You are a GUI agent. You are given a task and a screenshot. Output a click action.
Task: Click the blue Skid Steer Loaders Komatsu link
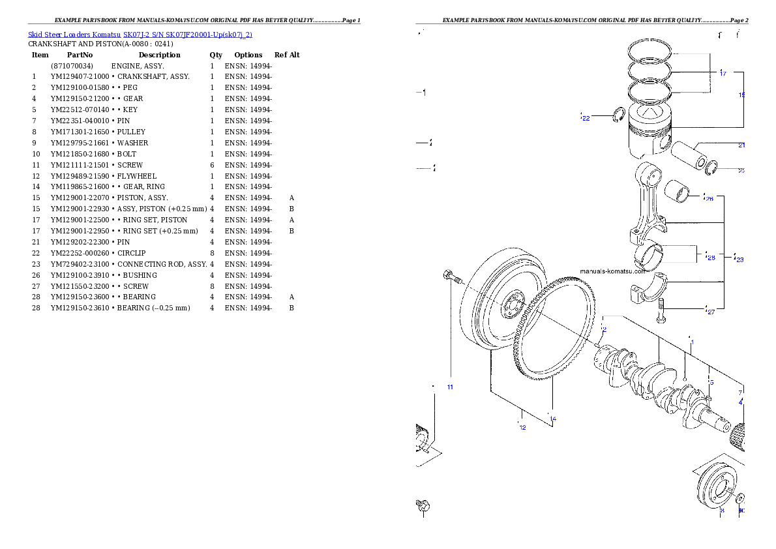[x=140, y=34]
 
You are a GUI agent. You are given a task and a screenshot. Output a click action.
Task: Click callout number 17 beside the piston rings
[x=723, y=74]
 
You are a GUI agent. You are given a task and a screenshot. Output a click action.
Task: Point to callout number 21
[x=741, y=145]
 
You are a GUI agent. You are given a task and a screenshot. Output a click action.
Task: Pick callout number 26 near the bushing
[x=709, y=198]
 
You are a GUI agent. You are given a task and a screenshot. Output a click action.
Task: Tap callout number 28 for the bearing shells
[x=711, y=258]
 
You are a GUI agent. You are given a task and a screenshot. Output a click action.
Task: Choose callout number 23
[x=739, y=260]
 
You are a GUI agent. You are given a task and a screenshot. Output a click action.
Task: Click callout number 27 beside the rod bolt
[x=711, y=312]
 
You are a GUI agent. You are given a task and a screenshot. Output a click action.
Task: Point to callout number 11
[x=450, y=387]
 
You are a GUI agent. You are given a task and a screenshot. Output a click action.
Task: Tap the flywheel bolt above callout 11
[x=449, y=276]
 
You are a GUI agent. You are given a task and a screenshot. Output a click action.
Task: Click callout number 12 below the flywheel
[x=522, y=428]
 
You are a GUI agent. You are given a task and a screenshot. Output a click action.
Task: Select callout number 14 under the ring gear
[x=553, y=419]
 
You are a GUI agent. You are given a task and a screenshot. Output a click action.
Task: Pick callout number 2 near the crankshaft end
[x=604, y=331]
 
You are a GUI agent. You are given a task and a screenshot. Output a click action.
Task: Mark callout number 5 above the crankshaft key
[x=711, y=382]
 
